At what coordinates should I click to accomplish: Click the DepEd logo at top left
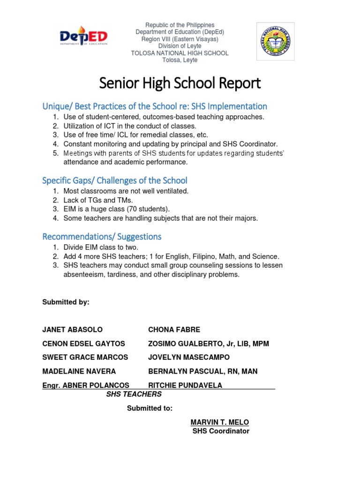[84, 37]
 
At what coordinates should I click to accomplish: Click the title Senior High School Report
[180, 83]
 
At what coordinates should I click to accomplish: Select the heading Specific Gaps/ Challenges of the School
[115, 180]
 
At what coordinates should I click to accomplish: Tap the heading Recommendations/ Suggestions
[102, 236]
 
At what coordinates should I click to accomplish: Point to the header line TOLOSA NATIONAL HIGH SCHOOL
[180, 53]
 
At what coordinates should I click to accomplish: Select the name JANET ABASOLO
[72, 330]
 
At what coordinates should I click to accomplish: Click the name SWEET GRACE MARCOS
[85, 357]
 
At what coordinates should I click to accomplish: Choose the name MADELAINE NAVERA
[79, 371]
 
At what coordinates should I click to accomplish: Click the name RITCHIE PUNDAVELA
[185, 385]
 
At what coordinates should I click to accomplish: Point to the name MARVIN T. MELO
[220, 422]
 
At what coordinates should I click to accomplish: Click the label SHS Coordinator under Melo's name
[221, 431]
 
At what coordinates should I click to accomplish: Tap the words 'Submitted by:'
[66, 302]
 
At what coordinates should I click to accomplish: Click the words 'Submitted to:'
[150, 408]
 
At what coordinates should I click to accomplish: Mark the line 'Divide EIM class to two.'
[101, 247]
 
